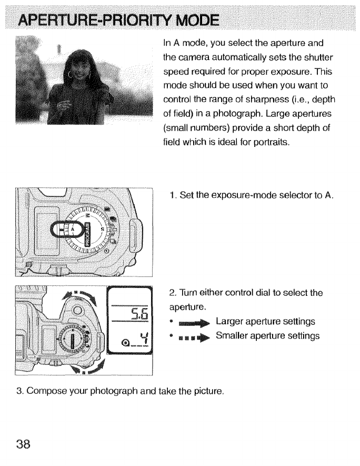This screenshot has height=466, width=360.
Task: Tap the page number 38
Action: pos(23,443)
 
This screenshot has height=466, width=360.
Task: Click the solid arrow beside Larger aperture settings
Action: pos(194,322)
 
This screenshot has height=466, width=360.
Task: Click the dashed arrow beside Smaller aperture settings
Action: pos(194,336)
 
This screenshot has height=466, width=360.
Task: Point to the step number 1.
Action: pos(172,195)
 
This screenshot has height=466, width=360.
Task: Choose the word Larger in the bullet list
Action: pos(230,322)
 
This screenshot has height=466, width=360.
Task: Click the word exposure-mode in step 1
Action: pos(238,195)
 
